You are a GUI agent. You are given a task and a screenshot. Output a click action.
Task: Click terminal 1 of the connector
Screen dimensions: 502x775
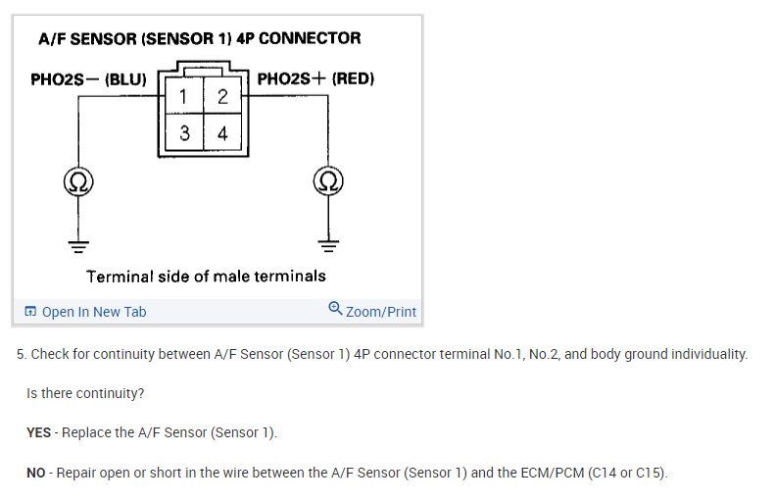[184, 96]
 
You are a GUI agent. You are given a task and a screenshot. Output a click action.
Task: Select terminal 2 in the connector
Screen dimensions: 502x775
[223, 96]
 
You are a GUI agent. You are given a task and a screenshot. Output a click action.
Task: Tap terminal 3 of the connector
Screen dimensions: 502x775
[184, 133]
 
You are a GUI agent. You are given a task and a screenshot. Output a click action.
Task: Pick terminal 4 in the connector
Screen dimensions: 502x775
[223, 133]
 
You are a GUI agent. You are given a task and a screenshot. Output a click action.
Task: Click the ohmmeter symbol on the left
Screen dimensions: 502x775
[78, 182]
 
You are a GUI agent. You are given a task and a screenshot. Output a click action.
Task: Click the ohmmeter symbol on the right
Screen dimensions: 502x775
[328, 182]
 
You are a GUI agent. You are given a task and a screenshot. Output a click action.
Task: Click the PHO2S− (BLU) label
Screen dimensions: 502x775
[88, 79]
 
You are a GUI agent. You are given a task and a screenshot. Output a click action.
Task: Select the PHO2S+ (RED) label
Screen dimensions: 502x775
[315, 77]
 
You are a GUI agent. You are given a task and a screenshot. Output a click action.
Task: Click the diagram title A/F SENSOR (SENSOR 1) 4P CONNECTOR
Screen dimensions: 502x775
[199, 39]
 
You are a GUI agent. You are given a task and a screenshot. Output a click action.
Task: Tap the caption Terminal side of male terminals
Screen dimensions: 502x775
[206, 276]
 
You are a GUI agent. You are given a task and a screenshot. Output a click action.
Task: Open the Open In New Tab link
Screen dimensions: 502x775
[94, 312]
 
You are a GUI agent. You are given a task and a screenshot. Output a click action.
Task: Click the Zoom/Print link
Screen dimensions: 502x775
[381, 312]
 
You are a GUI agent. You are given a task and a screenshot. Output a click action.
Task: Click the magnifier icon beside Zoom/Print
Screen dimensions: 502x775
[336, 310]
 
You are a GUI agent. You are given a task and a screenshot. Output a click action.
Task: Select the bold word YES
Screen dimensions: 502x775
[39, 432]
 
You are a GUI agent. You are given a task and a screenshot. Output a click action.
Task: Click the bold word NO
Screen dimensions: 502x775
[37, 473]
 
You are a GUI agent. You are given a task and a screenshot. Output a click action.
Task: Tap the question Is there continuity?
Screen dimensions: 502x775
[85, 393]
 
